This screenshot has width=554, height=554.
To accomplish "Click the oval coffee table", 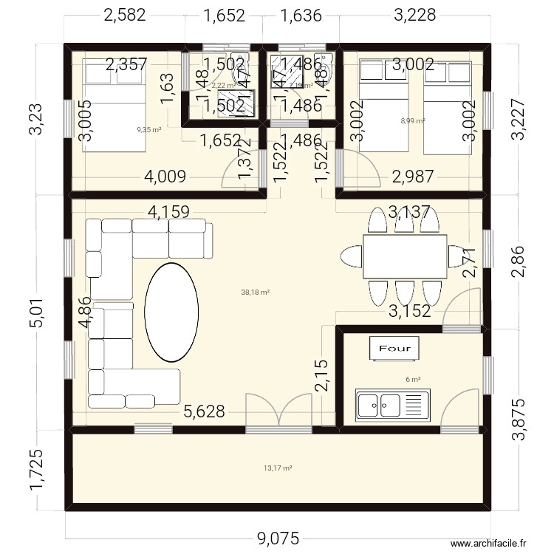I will click(x=171, y=311).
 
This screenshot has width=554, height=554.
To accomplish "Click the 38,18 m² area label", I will click(x=255, y=292).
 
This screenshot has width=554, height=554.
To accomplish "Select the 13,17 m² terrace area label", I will click(x=278, y=468).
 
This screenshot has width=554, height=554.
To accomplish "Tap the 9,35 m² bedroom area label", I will click(x=148, y=130).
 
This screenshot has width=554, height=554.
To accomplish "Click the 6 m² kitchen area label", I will click(x=413, y=380).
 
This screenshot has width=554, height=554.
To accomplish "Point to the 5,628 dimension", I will click(x=204, y=412).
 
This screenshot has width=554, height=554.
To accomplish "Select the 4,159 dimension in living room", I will click(x=178, y=213).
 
